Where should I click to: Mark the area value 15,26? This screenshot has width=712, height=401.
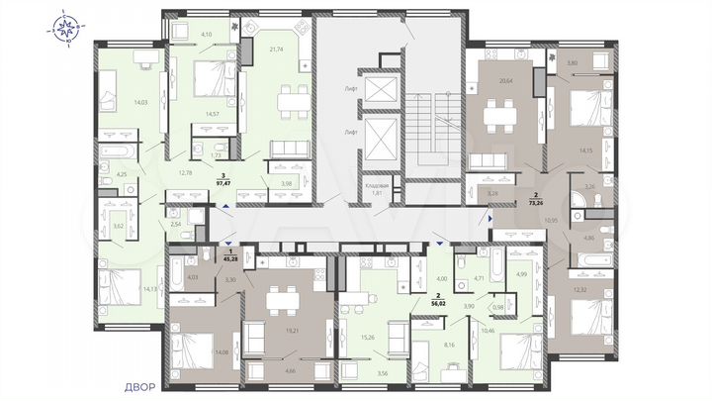pyautogui.click(x=368, y=338)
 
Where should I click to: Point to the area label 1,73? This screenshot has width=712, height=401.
pyautogui.click(x=217, y=156)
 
